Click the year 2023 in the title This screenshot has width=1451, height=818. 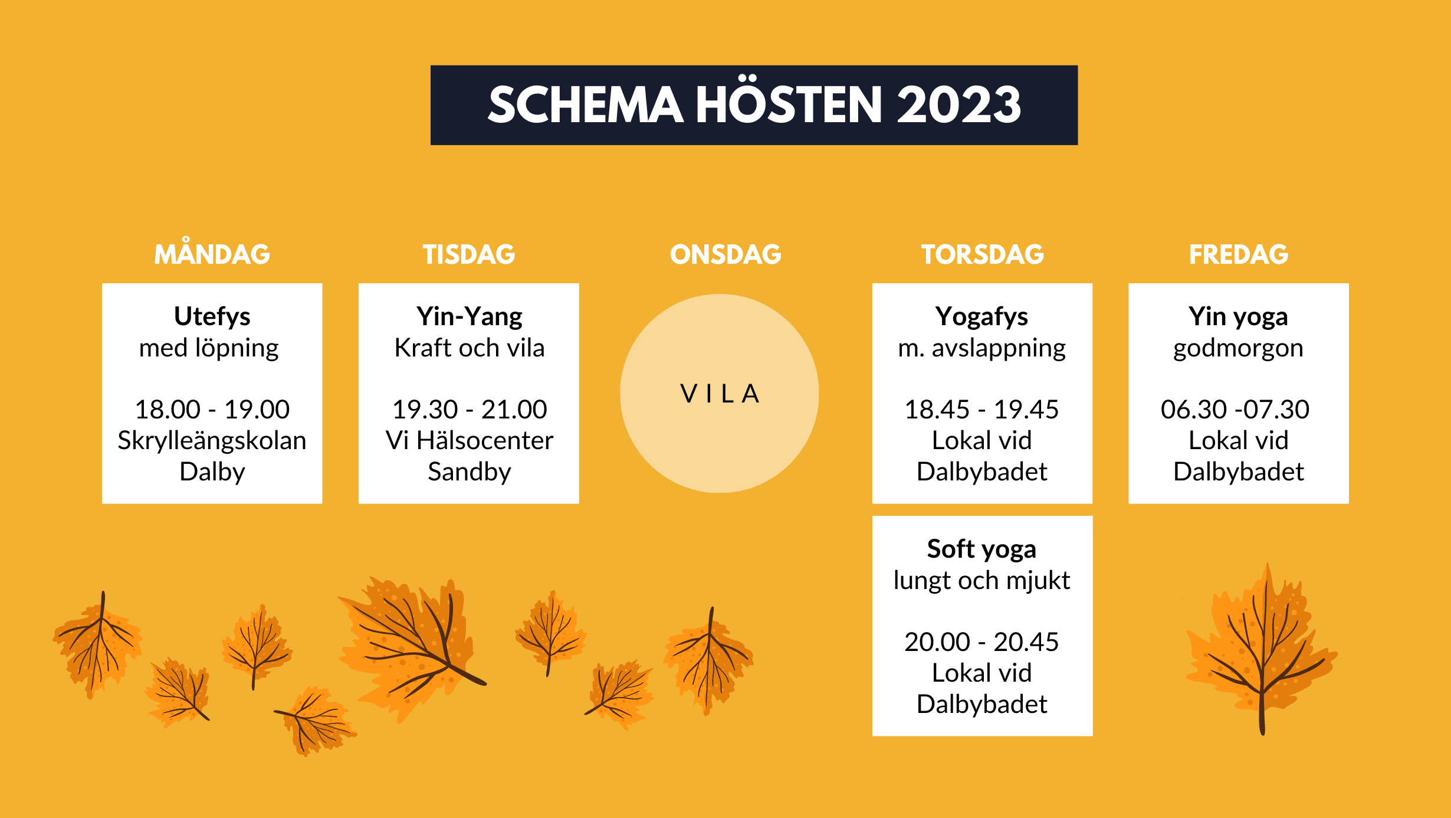[x=959, y=104]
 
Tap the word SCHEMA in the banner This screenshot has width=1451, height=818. [x=586, y=104]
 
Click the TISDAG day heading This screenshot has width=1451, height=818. [x=469, y=254]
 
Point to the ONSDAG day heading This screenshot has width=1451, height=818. [x=725, y=254]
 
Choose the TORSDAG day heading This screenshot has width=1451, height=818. [x=983, y=254]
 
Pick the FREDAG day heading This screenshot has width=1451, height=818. [x=1239, y=254]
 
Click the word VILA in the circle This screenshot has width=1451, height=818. [x=720, y=394]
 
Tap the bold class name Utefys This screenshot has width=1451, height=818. [x=212, y=316]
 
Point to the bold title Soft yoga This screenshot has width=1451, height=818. [x=982, y=550]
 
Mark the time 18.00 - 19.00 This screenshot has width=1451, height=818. [x=212, y=409]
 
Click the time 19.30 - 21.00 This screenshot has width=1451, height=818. [x=470, y=409]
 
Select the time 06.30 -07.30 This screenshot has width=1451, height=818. [x=1235, y=409]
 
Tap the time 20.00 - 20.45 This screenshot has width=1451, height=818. [x=982, y=642]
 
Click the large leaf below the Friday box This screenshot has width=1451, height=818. [x=1262, y=649]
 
